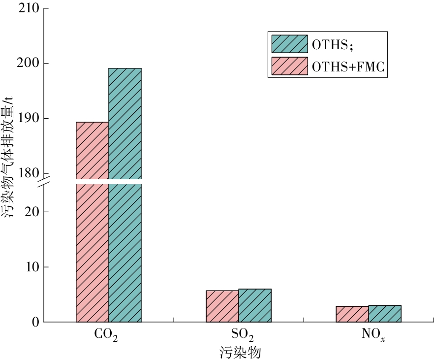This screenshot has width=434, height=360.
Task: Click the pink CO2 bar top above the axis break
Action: point(93,151)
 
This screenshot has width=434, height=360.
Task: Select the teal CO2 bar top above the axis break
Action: point(125,124)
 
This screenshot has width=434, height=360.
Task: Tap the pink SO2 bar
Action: point(222,306)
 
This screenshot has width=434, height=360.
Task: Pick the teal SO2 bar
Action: point(255,305)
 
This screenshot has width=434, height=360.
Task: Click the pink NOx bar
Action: point(352,314)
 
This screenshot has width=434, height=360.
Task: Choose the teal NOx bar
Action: point(385,314)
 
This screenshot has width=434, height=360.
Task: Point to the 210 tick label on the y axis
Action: point(29,8)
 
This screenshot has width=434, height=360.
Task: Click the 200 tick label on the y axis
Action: point(29,63)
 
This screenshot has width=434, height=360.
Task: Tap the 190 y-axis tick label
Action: point(29,118)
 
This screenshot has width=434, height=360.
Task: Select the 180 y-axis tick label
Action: point(29,173)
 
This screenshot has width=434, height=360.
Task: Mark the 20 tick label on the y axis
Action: point(32,212)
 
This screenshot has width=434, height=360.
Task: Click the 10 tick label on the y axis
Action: point(32,267)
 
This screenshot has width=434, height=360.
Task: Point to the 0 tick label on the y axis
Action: point(36,322)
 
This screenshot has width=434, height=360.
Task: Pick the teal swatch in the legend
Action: point(289,44)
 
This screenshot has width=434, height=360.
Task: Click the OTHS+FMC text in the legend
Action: point(348,67)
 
